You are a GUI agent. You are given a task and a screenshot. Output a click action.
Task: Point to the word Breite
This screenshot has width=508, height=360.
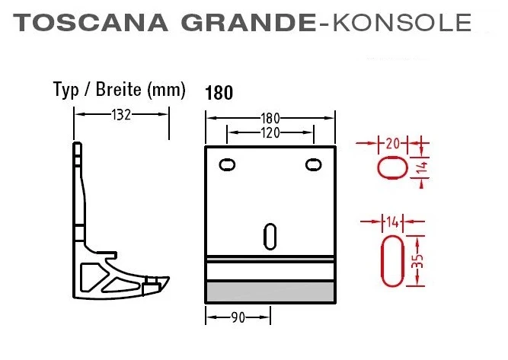120,90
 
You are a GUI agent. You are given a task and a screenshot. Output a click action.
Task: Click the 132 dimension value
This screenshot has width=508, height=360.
121,115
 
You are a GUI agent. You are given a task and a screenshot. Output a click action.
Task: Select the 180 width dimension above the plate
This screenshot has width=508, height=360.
270,118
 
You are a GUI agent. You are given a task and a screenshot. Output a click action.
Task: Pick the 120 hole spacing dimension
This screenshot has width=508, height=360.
270,132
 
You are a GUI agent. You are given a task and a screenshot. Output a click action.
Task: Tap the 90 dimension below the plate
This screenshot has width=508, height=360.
238,317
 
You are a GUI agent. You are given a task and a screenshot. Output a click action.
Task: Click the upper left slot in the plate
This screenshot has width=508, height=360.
226,164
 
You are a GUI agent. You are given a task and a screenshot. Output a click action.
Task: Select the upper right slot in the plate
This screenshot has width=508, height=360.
312,164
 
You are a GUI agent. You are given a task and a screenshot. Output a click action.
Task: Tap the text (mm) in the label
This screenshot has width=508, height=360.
168,90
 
